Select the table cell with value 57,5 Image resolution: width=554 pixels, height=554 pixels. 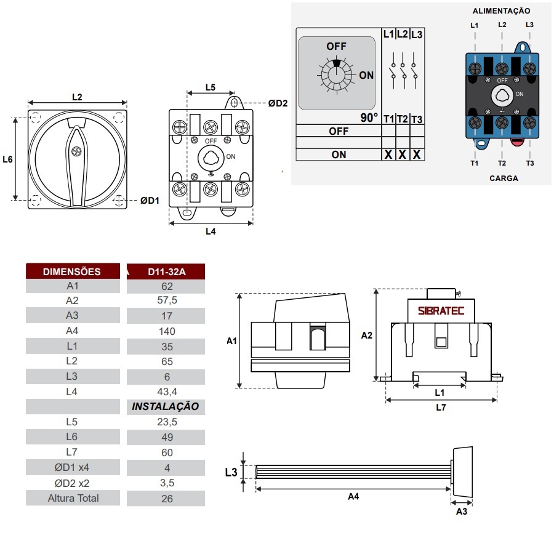click(x=166, y=301)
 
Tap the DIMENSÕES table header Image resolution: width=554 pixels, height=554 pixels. click(x=72, y=271)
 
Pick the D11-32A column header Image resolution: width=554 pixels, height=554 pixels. click(x=166, y=271)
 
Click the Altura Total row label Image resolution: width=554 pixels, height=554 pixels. click(x=73, y=498)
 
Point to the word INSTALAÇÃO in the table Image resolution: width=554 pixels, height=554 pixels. click(x=166, y=406)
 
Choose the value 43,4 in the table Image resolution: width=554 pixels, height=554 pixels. click(x=166, y=391)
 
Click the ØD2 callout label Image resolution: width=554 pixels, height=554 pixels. click(x=278, y=103)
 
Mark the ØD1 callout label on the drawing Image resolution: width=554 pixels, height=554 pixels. click(x=150, y=200)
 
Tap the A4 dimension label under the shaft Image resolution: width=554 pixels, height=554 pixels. click(x=353, y=497)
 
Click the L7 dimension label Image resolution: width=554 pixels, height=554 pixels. click(x=441, y=407)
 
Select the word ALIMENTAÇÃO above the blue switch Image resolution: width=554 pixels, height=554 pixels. click(x=501, y=10)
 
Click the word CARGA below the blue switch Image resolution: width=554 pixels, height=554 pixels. click(x=504, y=179)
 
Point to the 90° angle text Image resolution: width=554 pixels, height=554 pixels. click(x=369, y=118)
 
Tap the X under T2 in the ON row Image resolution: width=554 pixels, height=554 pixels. click(x=402, y=155)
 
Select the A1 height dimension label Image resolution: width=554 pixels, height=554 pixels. click(x=231, y=340)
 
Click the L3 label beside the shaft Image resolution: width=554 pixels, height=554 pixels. click(x=231, y=473)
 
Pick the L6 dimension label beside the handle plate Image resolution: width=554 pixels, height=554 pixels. click(x=7, y=159)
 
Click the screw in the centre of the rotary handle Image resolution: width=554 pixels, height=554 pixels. click(x=77, y=151)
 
